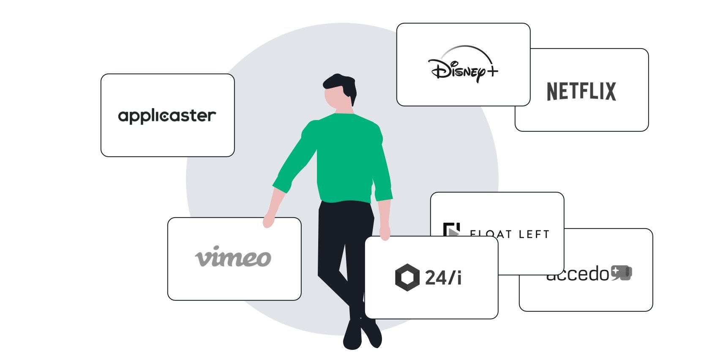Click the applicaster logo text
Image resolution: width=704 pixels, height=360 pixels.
167,116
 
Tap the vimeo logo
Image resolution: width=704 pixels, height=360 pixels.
233,257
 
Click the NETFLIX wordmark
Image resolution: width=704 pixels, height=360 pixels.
581,92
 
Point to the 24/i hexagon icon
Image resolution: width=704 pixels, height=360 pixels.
407,277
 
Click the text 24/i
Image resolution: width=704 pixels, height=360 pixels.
443,278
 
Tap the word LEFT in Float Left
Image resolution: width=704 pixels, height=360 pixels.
534,235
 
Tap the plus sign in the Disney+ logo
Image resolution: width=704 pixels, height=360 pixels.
492,71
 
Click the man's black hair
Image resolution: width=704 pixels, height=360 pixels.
340,82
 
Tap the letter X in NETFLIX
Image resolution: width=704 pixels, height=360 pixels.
610,92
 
